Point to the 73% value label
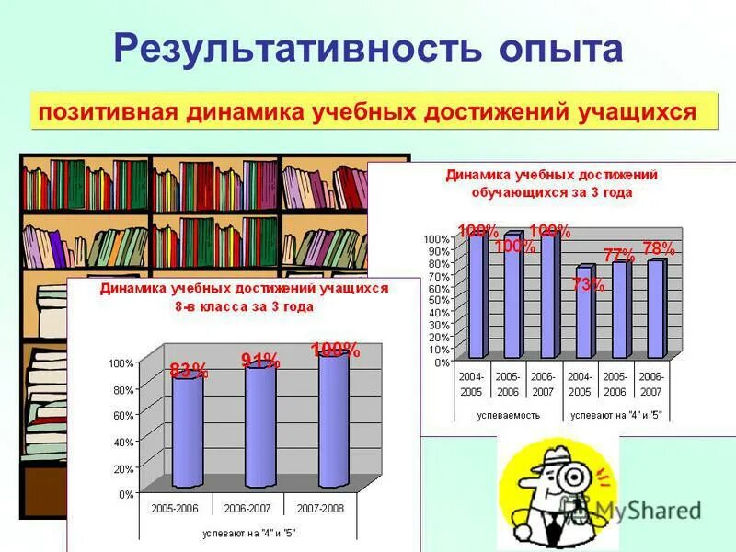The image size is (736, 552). coord(588,284)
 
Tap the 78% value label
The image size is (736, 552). coord(659,248)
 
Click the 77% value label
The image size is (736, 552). coord(619,255)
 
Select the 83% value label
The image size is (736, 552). coord(189,372)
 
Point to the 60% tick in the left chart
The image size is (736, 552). coord(121,416)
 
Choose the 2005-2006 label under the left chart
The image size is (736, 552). coord(176,507)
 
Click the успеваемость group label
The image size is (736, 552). coord(508,415)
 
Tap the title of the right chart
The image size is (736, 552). coord(552,183)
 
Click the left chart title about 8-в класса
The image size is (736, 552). coord(244,296)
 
